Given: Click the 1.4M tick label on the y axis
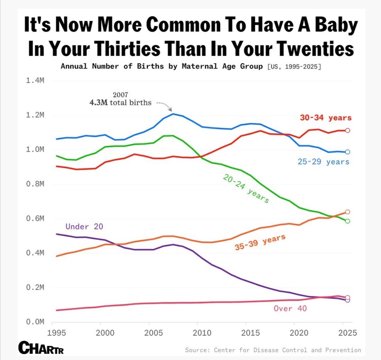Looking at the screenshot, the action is tap(35, 80).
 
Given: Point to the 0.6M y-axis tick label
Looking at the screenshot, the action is tap(35, 218).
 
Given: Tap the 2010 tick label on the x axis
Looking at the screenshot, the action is tap(202, 333).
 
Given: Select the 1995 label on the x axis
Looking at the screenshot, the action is tap(57, 333).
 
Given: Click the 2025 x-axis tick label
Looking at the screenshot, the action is tap(347, 333).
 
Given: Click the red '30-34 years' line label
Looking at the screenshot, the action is tap(326, 118).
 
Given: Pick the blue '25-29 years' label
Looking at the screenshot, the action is tap(324, 162).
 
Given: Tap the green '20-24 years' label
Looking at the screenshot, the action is tap(246, 189).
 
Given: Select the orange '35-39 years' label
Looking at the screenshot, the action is tap(260, 242).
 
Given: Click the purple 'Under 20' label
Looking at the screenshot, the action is tap(84, 227).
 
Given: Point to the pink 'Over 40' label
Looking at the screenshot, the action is tap(290, 309).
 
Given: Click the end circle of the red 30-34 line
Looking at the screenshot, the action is tap(347, 131).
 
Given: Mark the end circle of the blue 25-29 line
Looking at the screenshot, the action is tap(347, 152).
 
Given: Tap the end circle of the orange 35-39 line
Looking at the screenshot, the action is tap(347, 212).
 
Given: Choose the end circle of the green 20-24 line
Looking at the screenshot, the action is tap(347, 221).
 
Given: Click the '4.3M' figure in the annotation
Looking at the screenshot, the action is tap(99, 103).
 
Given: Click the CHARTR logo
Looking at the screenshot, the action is tap(41, 348).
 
